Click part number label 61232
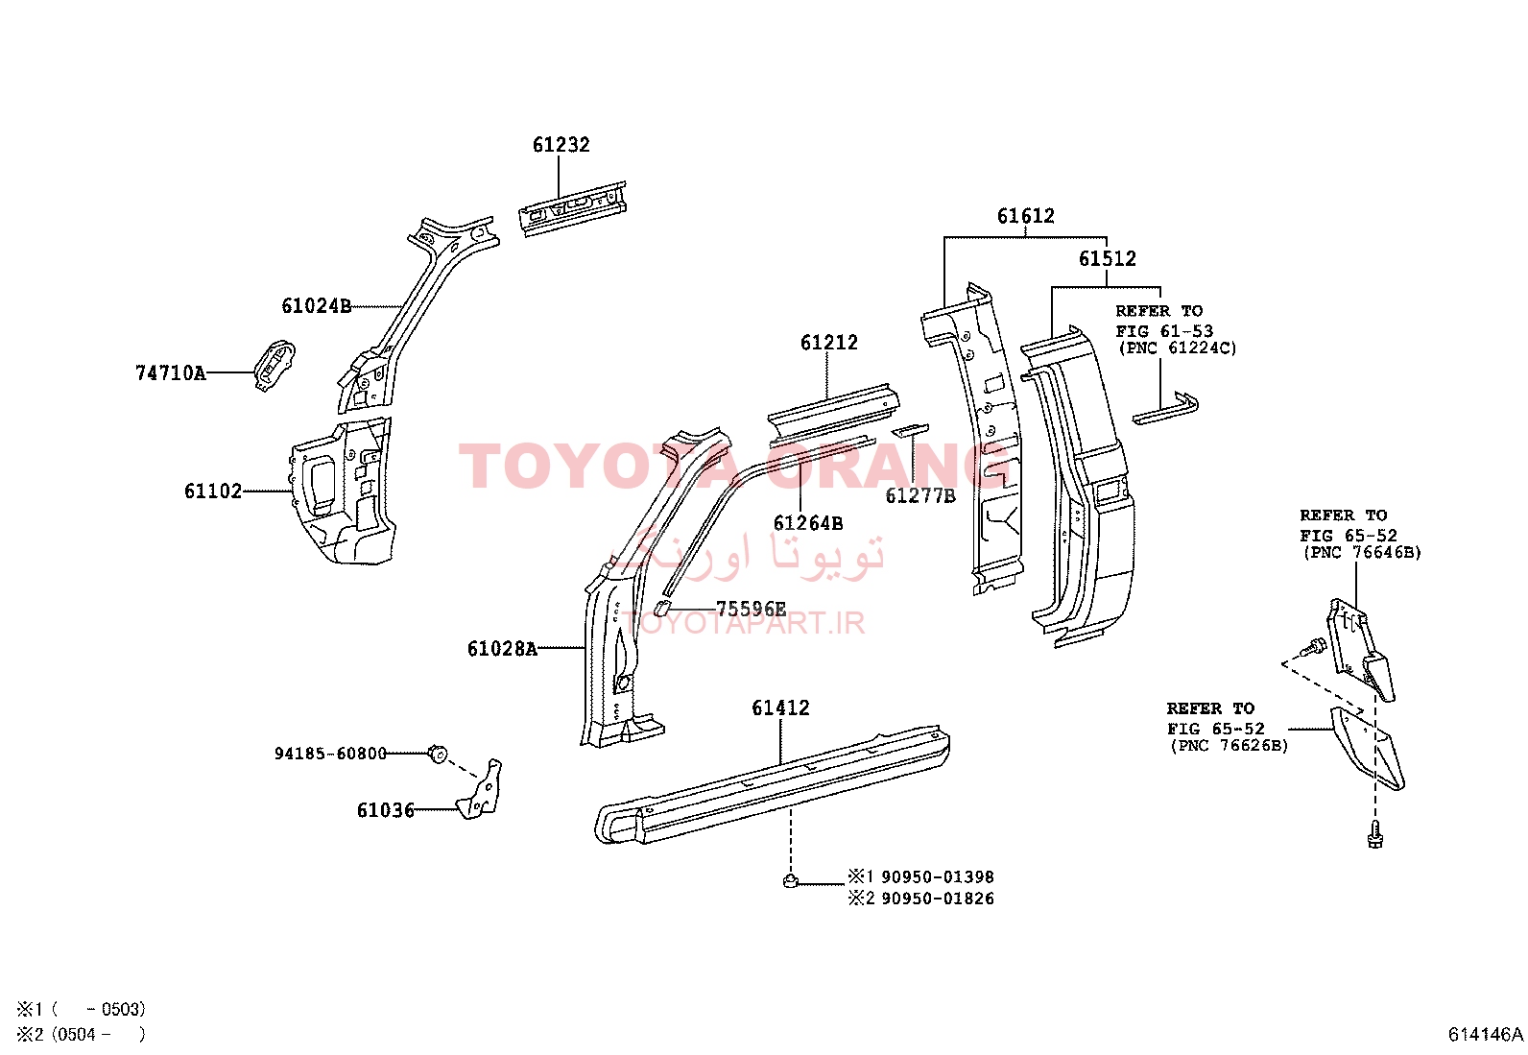pos(561,145)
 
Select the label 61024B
pos(317,305)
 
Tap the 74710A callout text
pos(171,373)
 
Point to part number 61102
pos(213,492)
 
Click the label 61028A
pos(502,648)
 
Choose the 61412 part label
pos(780,707)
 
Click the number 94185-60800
pos(330,754)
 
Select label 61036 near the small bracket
pos(386,810)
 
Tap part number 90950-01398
pos(938,876)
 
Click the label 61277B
pos(920,496)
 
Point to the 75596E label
pos(751,609)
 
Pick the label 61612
pos(1025,216)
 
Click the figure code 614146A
pos(1485,1035)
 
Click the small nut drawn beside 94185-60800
pos(438,755)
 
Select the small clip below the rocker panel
pos(791,880)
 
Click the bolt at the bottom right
pos(1375,837)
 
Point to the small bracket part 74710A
pos(275,365)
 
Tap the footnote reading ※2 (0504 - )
pos(82,1035)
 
